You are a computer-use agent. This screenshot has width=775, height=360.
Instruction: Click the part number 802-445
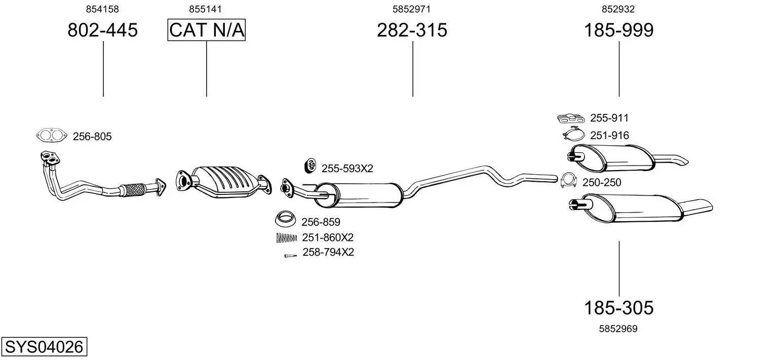click(x=103, y=30)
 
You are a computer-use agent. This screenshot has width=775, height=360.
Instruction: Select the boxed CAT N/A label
click(x=207, y=30)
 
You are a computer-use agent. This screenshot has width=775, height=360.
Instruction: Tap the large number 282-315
click(x=412, y=30)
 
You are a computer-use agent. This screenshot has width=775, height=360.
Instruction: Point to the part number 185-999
click(x=618, y=30)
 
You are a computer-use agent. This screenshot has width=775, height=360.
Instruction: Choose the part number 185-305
click(x=618, y=307)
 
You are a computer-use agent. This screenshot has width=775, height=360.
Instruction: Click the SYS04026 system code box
click(x=44, y=346)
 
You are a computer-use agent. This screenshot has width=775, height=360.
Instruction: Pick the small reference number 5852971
click(x=411, y=9)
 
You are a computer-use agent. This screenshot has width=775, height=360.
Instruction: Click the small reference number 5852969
click(x=618, y=329)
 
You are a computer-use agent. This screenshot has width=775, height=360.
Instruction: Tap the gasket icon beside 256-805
click(x=52, y=135)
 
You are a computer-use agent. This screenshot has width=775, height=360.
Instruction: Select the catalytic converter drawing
click(x=224, y=182)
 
